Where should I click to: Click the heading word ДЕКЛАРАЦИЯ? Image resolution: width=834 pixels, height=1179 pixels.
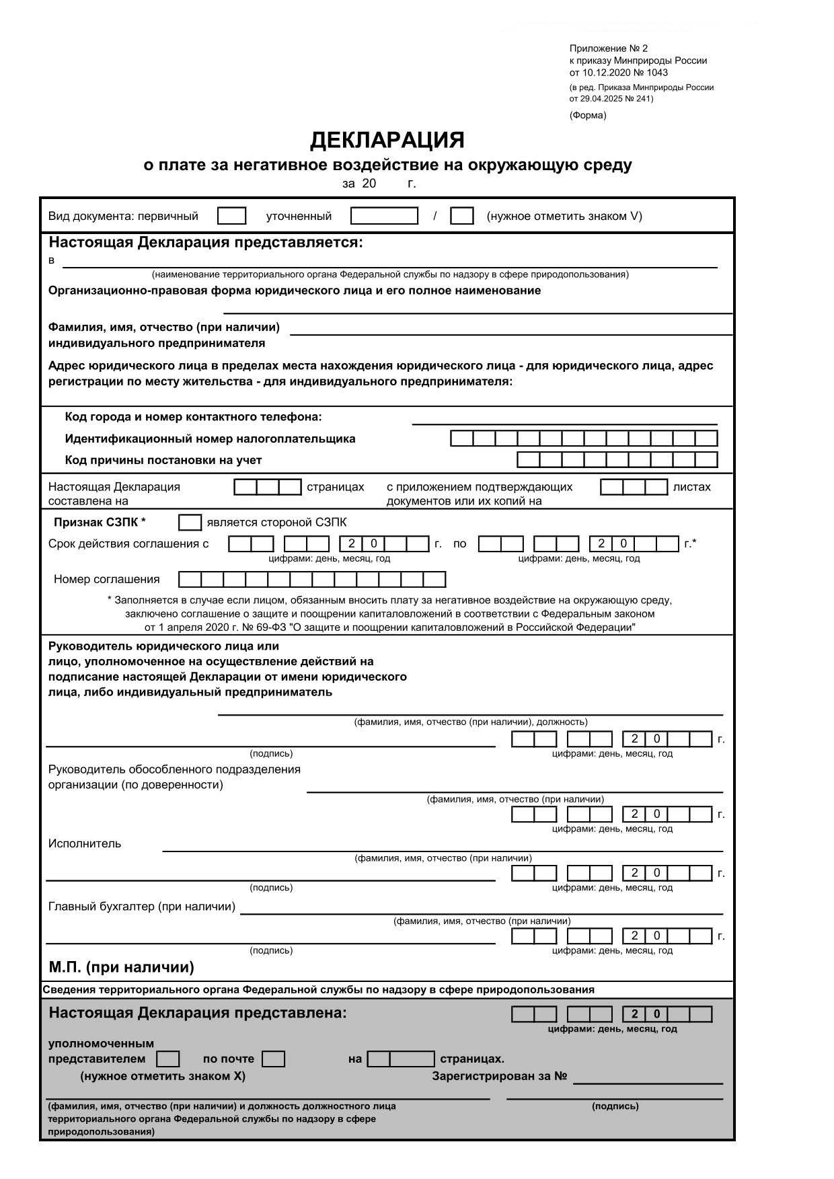(x=387, y=140)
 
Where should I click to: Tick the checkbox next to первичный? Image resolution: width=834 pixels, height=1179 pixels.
(x=232, y=216)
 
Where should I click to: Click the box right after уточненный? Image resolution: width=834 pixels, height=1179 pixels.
(x=384, y=216)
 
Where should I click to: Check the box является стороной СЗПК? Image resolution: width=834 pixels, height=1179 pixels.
(x=190, y=523)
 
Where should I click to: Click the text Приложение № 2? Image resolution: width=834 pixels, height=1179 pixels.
(x=608, y=48)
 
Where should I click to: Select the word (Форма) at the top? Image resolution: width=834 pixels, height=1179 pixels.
(x=587, y=115)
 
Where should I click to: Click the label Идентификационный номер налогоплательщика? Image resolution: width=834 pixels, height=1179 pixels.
(x=210, y=439)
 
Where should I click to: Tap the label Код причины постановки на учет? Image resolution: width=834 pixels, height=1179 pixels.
(x=163, y=461)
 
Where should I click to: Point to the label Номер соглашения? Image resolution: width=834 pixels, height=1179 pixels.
(x=107, y=580)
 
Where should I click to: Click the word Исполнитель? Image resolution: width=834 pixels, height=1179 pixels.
(x=85, y=844)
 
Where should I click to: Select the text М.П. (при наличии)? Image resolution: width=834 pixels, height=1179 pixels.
(x=121, y=968)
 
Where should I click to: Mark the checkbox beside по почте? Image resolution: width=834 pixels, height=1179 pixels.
(x=273, y=1059)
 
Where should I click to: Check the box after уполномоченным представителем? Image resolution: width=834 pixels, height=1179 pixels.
(x=167, y=1059)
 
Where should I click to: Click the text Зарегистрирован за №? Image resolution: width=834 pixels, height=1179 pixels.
(x=499, y=1077)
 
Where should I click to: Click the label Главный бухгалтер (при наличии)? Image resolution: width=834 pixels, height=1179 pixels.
(x=142, y=907)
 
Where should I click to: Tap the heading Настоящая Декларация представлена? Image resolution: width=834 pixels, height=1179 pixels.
(x=198, y=1013)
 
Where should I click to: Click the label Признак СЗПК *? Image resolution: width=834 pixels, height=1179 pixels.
(x=100, y=523)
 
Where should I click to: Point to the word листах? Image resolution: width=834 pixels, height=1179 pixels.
(x=691, y=487)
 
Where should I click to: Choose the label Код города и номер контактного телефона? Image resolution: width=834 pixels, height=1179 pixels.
(x=193, y=417)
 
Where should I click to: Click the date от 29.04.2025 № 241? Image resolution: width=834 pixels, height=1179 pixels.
(x=611, y=99)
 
